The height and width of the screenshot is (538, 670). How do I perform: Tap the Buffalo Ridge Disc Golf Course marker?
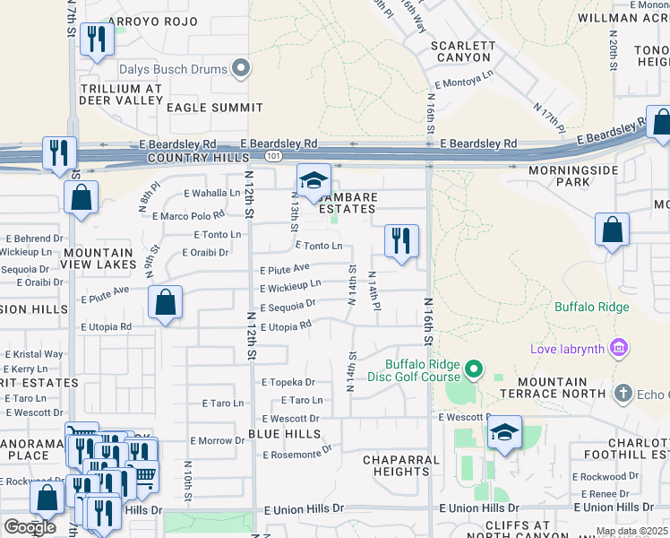(475, 369)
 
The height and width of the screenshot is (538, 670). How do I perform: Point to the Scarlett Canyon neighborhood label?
(462, 51)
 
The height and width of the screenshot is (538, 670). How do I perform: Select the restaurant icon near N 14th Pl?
(401, 239)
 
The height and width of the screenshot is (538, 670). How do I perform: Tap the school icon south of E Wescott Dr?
(505, 433)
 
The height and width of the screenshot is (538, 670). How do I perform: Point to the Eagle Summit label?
(215, 108)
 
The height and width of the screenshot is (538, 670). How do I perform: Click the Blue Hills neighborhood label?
(284, 434)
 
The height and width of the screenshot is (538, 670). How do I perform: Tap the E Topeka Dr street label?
(288, 382)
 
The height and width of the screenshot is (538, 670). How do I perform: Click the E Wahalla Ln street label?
(212, 193)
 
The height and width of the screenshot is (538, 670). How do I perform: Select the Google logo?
(29, 527)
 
